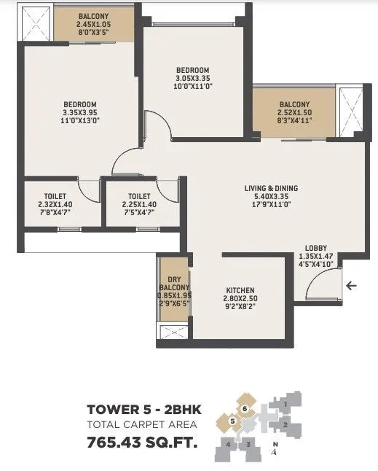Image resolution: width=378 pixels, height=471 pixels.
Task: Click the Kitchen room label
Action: point(240,290)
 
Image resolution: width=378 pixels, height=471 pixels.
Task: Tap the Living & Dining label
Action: point(271,188)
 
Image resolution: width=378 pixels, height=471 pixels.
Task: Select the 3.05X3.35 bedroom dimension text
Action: point(192,79)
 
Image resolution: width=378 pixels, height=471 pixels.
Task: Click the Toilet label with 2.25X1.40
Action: point(139,196)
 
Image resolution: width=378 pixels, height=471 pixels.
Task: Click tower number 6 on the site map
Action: point(246,408)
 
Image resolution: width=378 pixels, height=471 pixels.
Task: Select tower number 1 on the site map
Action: point(287,402)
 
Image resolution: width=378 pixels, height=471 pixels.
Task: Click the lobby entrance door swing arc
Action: point(318,290)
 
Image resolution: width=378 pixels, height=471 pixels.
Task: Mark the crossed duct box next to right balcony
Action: point(351,111)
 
